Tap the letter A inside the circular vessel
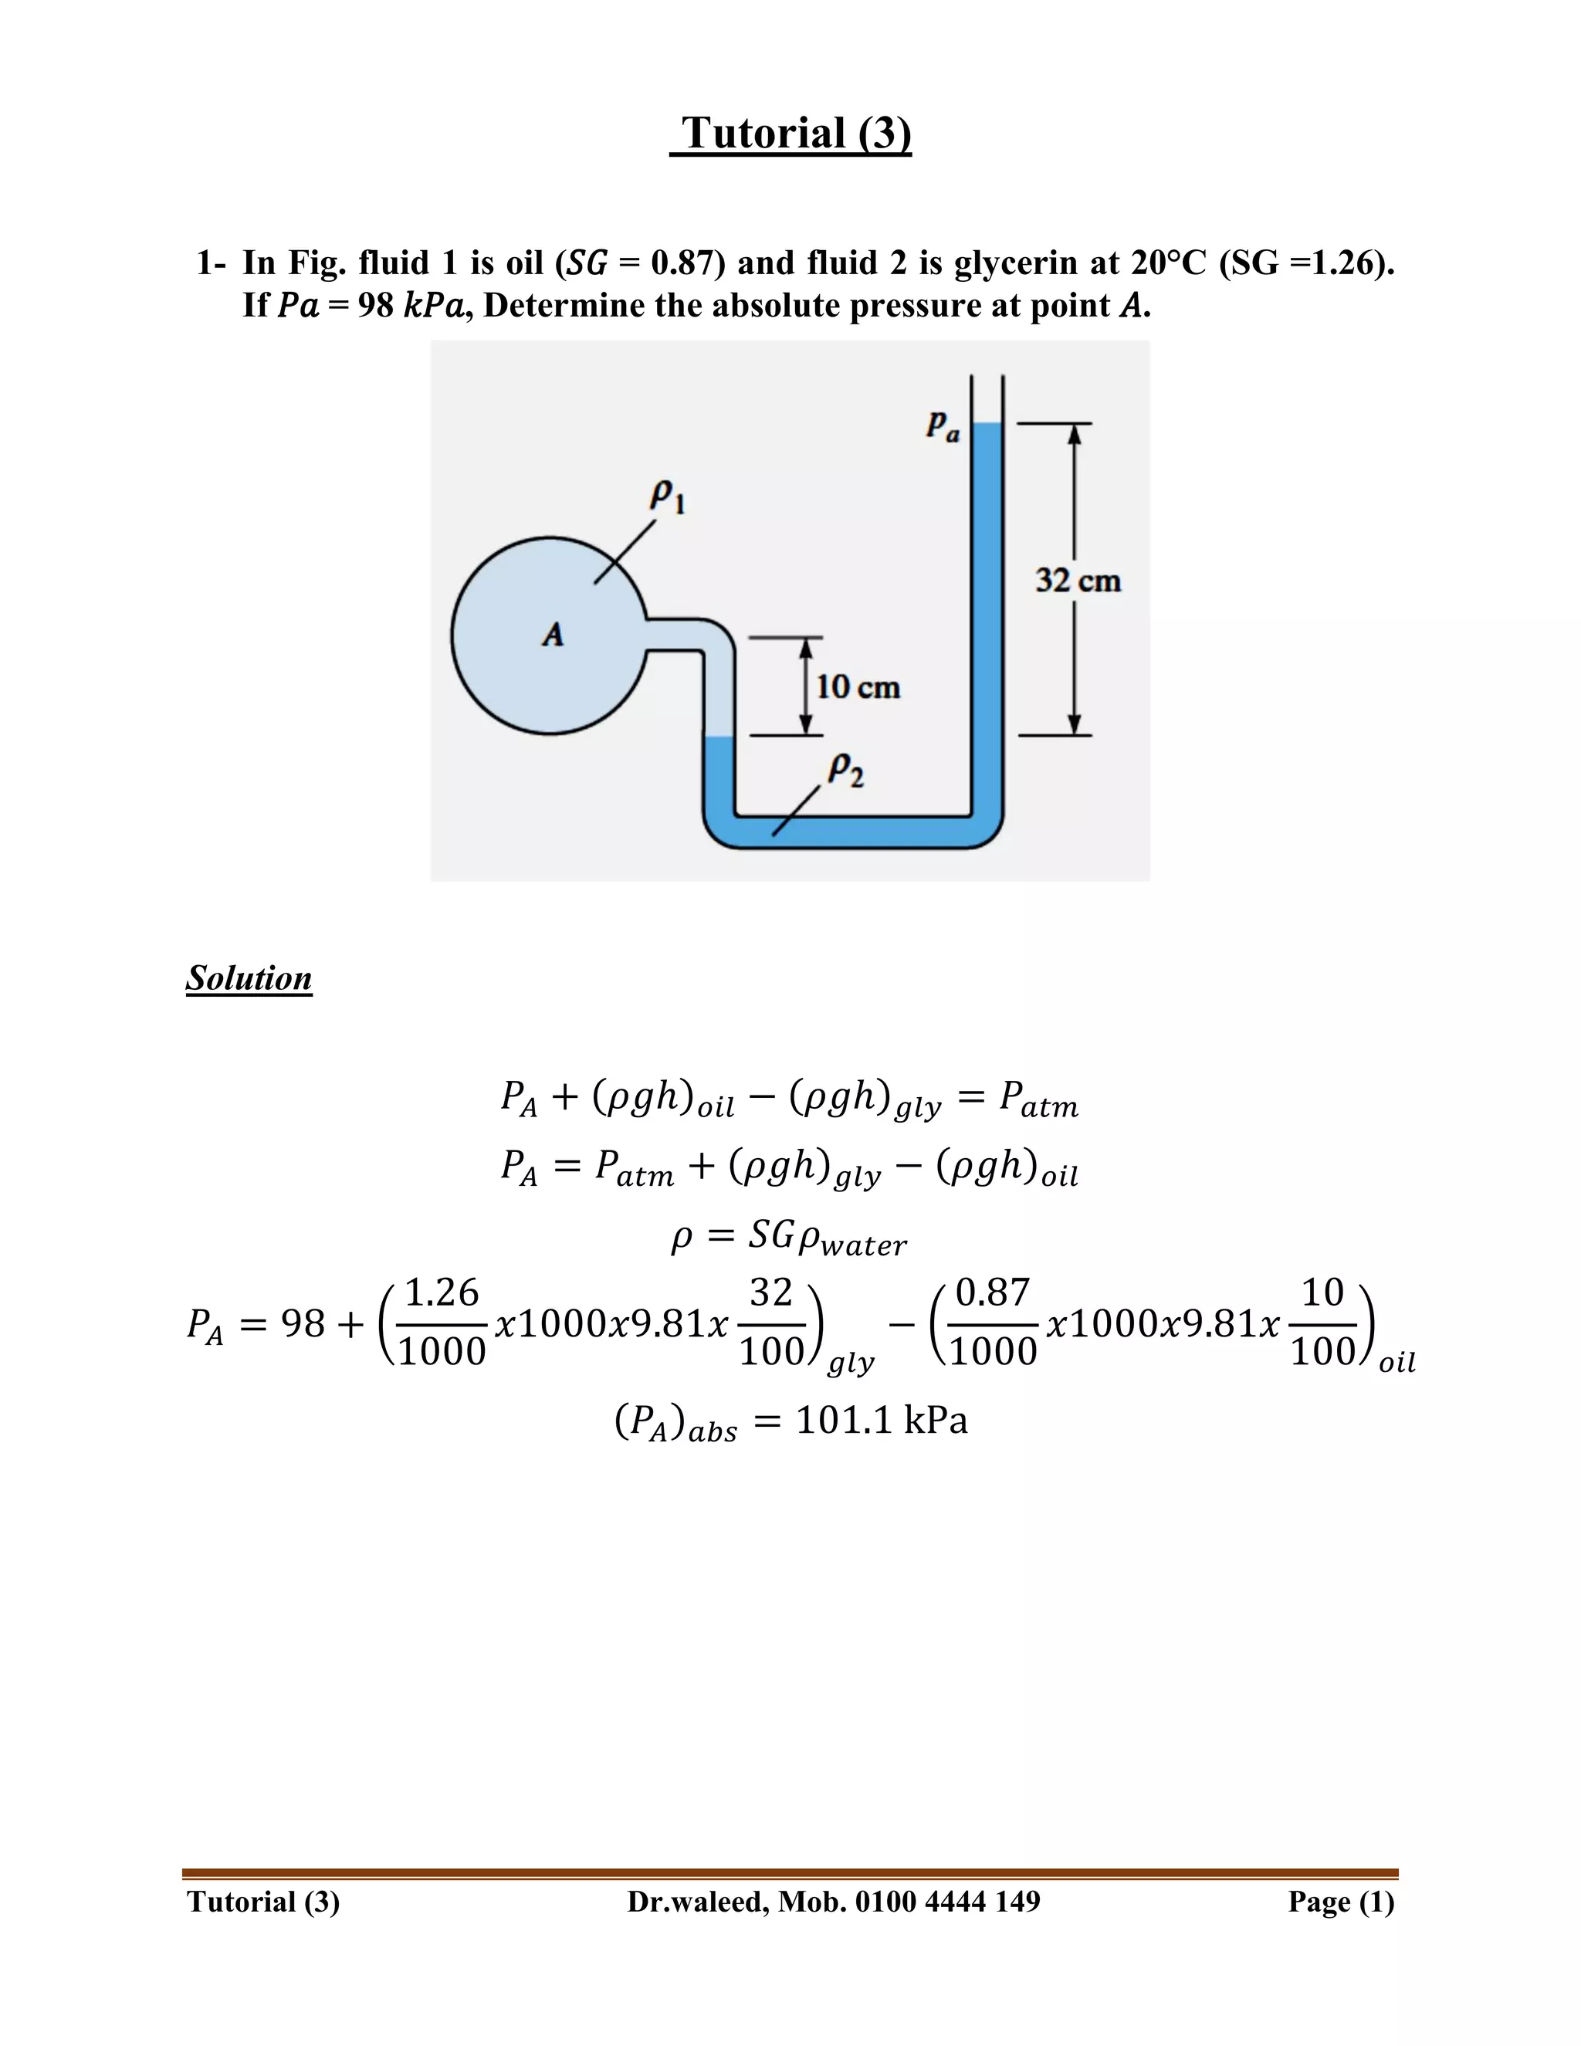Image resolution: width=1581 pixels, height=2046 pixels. coord(554,635)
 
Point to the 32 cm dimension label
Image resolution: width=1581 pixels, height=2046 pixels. coord(1078,581)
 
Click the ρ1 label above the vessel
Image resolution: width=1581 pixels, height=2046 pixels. coord(667,496)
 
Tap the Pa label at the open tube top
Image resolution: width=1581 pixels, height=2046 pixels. coord(943,426)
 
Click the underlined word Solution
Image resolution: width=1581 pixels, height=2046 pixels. coord(249,978)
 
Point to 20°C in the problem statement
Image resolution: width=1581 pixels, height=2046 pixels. coord(1169,263)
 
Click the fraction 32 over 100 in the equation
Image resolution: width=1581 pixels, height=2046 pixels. coord(772,1322)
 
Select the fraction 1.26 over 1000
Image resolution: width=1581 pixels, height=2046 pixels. coord(442,1322)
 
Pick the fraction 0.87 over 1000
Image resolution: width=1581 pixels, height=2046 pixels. coord(993,1322)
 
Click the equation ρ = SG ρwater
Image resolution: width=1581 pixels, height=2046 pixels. coord(790,1238)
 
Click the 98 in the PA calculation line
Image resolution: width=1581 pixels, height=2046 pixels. coord(303,1323)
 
